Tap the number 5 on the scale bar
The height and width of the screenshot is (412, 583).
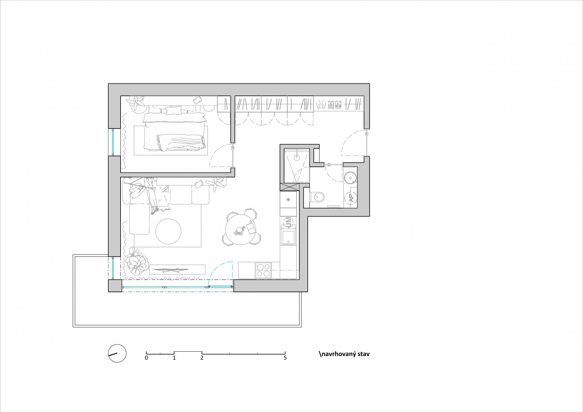(285, 358)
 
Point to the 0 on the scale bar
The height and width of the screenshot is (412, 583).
(146, 358)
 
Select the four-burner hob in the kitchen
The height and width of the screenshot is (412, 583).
(263, 270)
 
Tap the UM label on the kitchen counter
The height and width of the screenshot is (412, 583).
(288, 222)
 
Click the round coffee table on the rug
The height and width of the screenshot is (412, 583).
(168, 232)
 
